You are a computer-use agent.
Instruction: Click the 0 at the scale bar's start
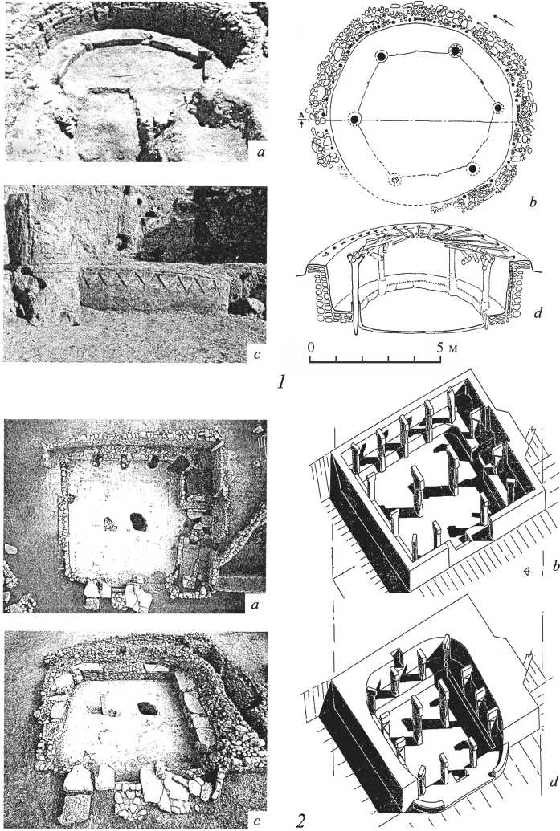311,348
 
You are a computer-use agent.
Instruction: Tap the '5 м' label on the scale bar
445,348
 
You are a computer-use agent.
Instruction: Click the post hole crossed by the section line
354,120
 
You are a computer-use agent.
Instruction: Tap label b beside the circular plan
533,202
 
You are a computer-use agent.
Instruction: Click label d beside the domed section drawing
538,313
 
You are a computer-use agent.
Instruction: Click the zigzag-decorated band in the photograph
156,287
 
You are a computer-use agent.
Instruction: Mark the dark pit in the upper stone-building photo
139,522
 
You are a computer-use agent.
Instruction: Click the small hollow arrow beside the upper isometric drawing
528,571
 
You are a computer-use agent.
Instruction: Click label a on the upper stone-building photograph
257,604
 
